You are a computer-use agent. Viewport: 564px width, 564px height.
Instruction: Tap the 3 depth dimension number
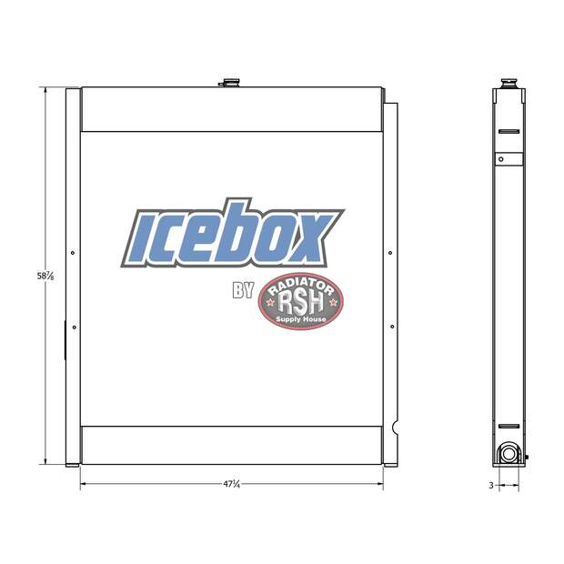pos(490,486)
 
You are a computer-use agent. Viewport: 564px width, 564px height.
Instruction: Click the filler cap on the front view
pos(227,84)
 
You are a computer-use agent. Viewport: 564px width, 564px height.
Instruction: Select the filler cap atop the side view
pos(508,84)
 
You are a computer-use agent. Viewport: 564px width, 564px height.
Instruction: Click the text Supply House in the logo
pos(302,319)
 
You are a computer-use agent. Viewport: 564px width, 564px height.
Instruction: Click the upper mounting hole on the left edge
pos(73,253)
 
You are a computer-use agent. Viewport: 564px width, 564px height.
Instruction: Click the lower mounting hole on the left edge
pos(73,327)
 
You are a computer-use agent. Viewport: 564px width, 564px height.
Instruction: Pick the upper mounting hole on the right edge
pos(390,253)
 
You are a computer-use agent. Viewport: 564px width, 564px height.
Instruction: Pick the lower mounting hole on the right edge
pos(390,327)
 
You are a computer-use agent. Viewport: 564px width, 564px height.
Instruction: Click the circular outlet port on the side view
pos(507,452)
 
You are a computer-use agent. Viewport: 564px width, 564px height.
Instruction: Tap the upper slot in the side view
pos(508,133)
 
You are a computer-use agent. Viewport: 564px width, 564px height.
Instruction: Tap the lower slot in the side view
pos(508,426)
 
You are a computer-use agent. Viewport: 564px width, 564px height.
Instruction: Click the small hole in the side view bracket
pos(499,159)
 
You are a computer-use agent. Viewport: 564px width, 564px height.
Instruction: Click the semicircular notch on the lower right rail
pos(395,428)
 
